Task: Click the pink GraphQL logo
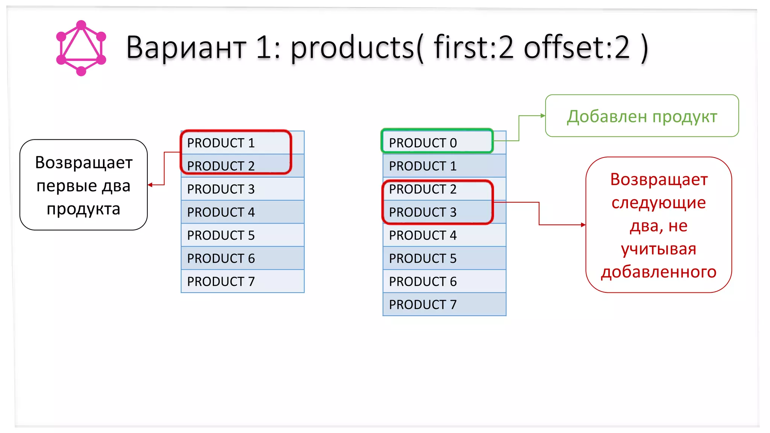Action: pyautogui.click(x=81, y=48)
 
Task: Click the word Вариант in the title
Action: pyautogui.click(x=186, y=47)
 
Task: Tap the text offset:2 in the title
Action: pyautogui.click(x=577, y=47)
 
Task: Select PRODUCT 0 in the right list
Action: pyautogui.click(x=423, y=143)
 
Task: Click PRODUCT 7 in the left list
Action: pyautogui.click(x=221, y=282)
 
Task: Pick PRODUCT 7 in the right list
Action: pyautogui.click(x=423, y=304)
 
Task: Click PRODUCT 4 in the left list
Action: pyautogui.click(x=221, y=212)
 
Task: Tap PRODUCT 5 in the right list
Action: pyautogui.click(x=423, y=259)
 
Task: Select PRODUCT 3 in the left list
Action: pyautogui.click(x=221, y=189)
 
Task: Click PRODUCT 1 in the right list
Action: pyautogui.click(x=423, y=166)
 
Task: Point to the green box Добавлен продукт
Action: pyautogui.click(x=642, y=117)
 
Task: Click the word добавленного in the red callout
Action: pyautogui.click(x=659, y=272)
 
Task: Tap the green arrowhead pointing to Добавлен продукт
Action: pyautogui.click(x=543, y=116)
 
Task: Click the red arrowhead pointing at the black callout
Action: pyautogui.click(x=150, y=185)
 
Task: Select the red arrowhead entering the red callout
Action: pyautogui.click(x=583, y=225)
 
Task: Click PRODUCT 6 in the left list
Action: pyautogui.click(x=221, y=259)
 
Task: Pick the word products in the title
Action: pyautogui.click(x=353, y=47)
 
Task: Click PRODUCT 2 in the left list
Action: pyautogui.click(x=221, y=166)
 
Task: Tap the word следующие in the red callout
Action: pyautogui.click(x=659, y=203)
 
